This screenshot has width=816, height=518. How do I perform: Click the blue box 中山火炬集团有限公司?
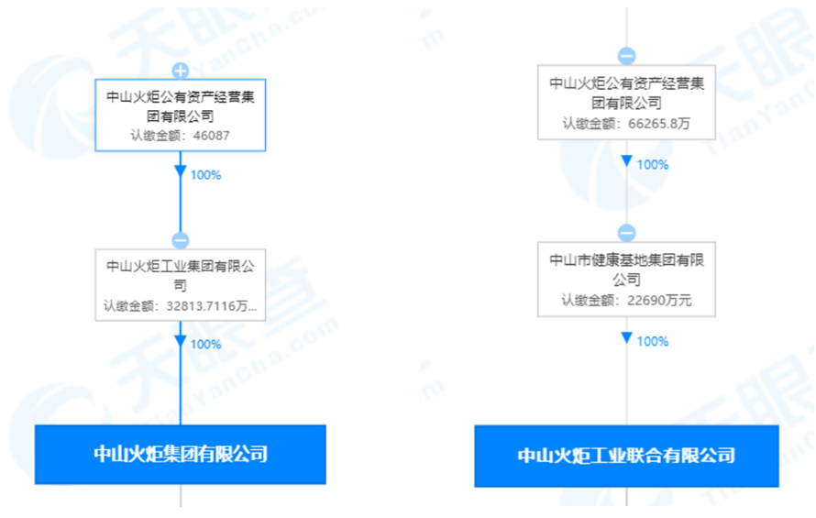[181, 454]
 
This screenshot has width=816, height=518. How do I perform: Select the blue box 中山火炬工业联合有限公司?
[626, 456]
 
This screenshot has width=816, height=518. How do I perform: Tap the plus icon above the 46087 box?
[181, 71]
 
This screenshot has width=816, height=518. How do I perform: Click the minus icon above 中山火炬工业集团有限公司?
[181, 240]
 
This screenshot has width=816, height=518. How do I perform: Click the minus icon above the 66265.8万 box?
[626, 56]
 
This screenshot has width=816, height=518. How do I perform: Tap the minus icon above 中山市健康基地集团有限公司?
[626, 233]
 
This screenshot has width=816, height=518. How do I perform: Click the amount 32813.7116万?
[213, 306]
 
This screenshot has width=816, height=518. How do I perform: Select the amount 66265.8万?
[658, 124]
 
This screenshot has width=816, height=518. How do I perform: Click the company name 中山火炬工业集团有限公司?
[180, 275]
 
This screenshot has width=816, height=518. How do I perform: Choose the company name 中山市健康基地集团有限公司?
[626, 269]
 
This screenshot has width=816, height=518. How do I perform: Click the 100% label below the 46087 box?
[205, 175]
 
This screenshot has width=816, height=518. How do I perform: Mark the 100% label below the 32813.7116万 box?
[205, 345]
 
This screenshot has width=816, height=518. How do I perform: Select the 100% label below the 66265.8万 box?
[652, 165]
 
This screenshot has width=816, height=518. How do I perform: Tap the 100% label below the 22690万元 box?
[652, 342]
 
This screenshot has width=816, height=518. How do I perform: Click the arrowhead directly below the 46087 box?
[181, 172]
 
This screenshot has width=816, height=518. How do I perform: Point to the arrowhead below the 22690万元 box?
[626, 338]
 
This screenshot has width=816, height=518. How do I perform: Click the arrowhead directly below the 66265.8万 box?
[626, 162]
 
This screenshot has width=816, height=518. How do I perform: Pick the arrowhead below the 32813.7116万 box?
[181, 342]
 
